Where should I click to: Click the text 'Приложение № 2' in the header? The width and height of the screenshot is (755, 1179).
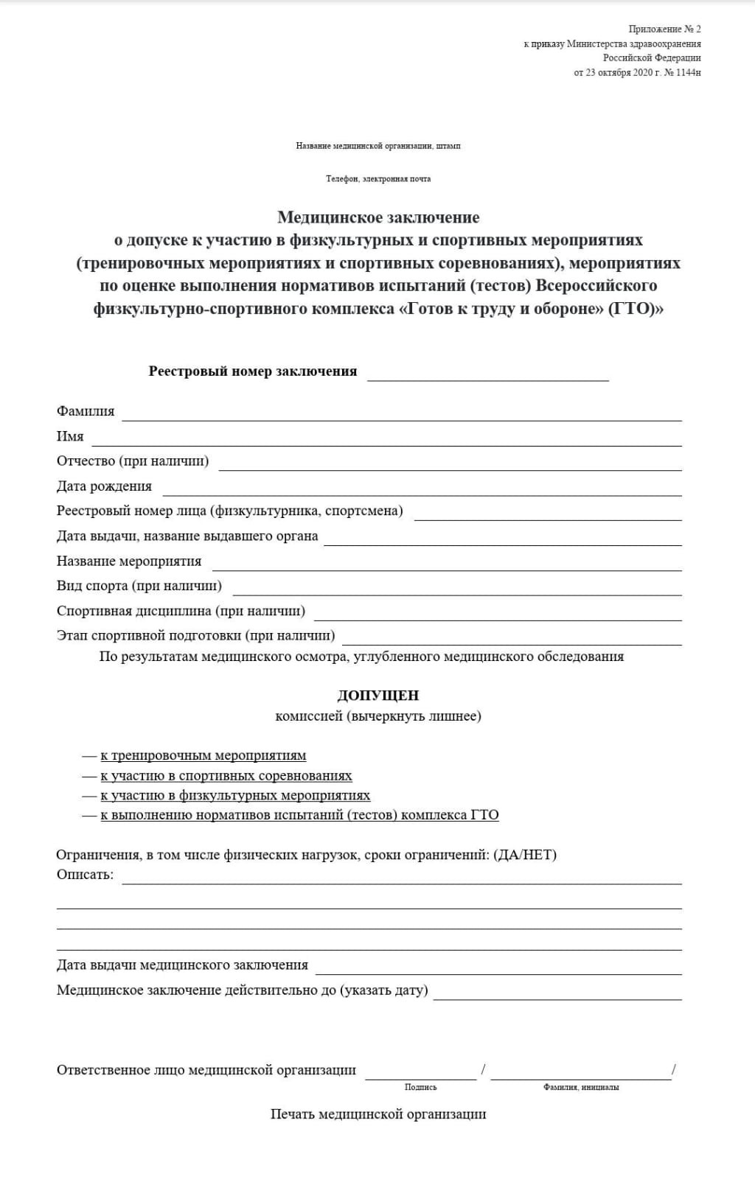(x=664, y=29)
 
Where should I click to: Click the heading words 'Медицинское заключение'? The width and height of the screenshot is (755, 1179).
(x=378, y=217)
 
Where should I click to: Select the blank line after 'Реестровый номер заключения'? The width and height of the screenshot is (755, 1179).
(x=487, y=375)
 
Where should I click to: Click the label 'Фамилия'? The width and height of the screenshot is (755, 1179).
(x=86, y=411)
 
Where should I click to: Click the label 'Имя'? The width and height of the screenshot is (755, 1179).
(x=70, y=436)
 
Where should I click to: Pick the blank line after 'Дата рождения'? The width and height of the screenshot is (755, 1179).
(x=422, y=490)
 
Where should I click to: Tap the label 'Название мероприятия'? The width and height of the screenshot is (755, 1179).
(x=129, y=561)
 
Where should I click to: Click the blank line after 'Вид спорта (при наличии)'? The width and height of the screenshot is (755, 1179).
(x=457, y=589)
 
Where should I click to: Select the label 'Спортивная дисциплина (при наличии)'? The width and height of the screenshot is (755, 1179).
(x=181, y=611)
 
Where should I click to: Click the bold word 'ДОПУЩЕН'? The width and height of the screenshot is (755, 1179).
(x=378, y=696)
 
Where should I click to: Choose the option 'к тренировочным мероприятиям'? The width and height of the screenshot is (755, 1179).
(x=203, y=755)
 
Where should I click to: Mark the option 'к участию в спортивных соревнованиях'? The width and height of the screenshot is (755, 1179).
(x=226, y=776)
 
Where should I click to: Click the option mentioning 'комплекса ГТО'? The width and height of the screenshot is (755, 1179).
(x=299, y=815)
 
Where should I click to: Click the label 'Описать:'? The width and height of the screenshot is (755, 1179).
(x=86, y=875)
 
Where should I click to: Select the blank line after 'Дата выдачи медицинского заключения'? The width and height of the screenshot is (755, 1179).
(x=498, y=969)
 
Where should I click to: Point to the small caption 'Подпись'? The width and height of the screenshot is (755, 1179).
(x=420, y=1087)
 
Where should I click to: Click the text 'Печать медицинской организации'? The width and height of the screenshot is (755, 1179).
(x=378, y=1114)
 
